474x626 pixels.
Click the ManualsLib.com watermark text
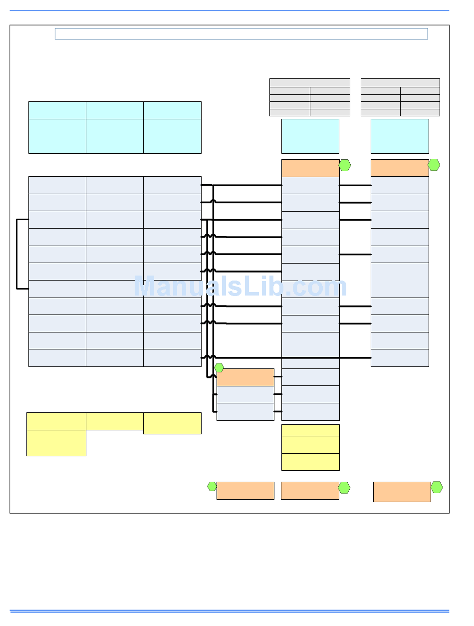click(x=240, y=288)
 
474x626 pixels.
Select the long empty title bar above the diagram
click(x=241, y=34)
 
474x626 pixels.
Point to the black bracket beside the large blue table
click(x=17, y=254)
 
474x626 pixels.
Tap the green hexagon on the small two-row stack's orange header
click(x=219, y=368)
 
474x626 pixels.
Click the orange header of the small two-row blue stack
click(x=245, y=377)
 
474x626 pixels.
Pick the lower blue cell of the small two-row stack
click(x=245, y=412)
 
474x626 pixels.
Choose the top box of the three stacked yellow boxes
click(x=310, y=430)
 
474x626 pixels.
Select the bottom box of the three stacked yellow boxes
click(x=310, y=462)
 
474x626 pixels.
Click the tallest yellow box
click(x=56, y=443)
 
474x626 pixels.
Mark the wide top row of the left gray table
click(x=309, y=83)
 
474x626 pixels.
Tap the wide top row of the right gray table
click(x=400, y=83)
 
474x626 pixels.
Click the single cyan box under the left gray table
click(x=310, y=136)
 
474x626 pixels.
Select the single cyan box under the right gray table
click(x=400, y=136)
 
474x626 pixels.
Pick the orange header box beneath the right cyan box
click(x=400, y=168)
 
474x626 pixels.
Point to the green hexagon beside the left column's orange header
click(x=345, y=165)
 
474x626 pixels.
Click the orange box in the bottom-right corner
click(x=402, y=492)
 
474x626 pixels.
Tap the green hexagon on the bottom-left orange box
click(x=212, y=486)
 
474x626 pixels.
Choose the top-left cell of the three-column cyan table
click(x=57, y=110)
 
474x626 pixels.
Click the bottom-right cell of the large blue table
click(x=172, y=358)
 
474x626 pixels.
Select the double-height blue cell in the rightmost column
click(x=400, y=280)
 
